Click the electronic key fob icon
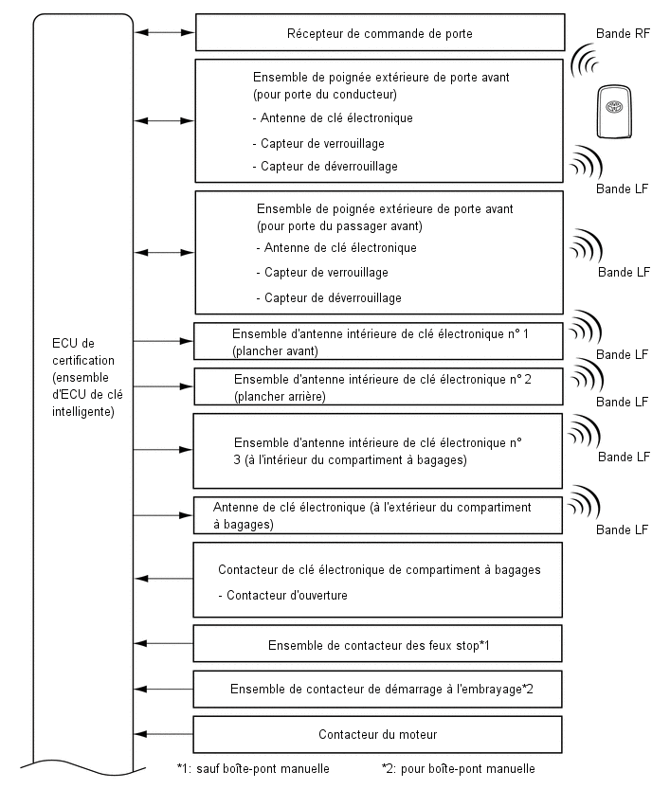click(614, 112)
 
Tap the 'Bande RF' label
click(623, 33)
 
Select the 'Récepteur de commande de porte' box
click(380, 32)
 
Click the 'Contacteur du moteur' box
click(377, 734)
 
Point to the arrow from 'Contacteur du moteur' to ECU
click(163, 734)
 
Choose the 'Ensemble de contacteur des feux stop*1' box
click(377, 643)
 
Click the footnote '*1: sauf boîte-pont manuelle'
click(253, 769)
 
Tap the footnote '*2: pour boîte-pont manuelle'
click(459, 769)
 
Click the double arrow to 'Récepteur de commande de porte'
click(164, 32)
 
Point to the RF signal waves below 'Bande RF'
click(585, 61)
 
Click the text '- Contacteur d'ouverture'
click(282, 596)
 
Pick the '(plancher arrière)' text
click(280, 396)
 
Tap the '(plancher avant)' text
click(275, 351)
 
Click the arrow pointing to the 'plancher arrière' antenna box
click(163, 386)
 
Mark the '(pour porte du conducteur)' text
click(325, 94)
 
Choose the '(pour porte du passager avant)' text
click(339, 226)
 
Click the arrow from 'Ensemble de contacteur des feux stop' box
click(163, 643)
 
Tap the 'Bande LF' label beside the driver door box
click(622, 188)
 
